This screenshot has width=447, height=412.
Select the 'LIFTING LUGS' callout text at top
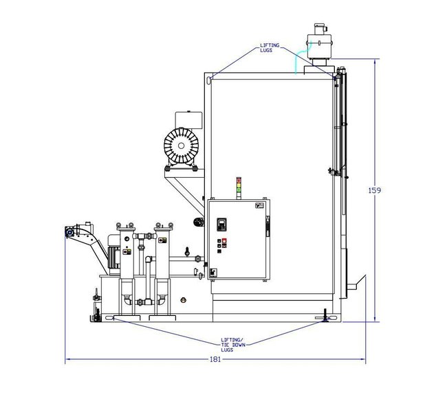pyautogui.click(x=269, y=48)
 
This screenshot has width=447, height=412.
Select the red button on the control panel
pyautogui.click(x=224, y=242)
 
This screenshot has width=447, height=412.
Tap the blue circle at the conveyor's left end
pyautogui.click(x=69, y=232)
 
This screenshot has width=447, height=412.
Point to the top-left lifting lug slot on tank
pyautogui.click(x=208, y=81)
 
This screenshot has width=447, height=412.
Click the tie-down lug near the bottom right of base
pyautogui.click(x=324, y=317)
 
